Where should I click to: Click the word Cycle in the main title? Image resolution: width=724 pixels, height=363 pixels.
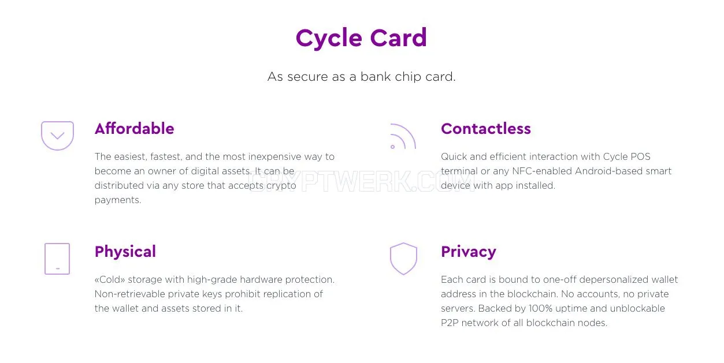point(329,39)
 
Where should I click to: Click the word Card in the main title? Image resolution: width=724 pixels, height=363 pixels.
point(399,38)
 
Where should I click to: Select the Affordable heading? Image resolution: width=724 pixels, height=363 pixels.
point(135,129)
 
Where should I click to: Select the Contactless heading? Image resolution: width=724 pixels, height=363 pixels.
point(486,129)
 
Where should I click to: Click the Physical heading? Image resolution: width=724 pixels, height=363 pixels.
point(125,252)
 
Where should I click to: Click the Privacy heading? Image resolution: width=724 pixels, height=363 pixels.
point(469,252)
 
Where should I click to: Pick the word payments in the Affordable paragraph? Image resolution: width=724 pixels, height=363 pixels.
point(118,200)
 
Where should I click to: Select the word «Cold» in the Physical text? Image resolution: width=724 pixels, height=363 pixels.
point(110,279)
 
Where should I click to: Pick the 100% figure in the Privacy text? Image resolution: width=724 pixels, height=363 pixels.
point(540,308)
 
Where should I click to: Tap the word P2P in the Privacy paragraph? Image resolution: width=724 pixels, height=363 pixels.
point(450,323)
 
